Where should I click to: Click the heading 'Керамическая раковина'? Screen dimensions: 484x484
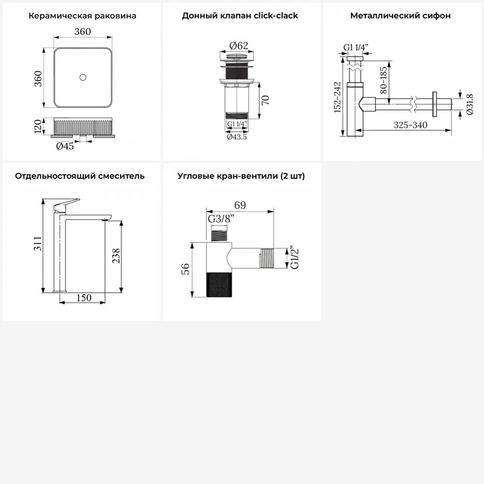pos(82,16)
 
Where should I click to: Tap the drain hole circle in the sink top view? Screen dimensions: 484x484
pos(83,77)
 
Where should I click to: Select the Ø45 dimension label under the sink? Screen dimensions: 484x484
pos(65,146)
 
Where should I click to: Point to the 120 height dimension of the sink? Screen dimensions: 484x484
pos(38,126)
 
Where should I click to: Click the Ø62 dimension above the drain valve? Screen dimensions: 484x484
pos(239,45)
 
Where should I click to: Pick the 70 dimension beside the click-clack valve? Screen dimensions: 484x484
pos(265,100)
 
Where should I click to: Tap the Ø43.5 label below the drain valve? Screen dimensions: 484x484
pos(237,137)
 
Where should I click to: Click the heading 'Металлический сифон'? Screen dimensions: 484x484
pos(400,16)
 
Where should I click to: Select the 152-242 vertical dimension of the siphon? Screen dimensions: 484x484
pos(337,97)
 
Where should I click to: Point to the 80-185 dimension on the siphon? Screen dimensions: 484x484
pos(383,80)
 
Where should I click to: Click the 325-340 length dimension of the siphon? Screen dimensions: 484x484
pos(410,125)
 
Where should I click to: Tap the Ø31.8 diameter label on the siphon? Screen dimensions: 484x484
pos(469,105)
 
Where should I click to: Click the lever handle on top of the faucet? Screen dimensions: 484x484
pos(66,205)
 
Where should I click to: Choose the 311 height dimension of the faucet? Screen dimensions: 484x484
pos(37,243)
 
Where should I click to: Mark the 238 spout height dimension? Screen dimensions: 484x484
pos(116,256)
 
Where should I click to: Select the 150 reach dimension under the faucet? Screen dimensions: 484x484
pos(84,298)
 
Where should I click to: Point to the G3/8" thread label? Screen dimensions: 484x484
pos(221,219)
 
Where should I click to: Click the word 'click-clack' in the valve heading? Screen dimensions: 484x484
pos(276,16)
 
